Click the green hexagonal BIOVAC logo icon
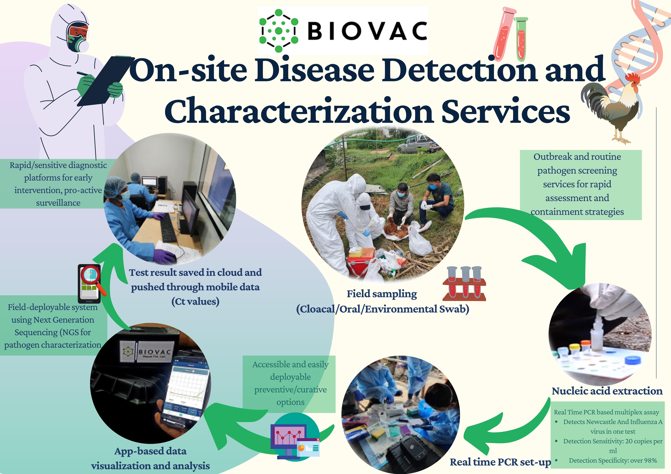(279, 31)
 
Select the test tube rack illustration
(464, 283)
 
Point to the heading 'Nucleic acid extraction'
(607, 391)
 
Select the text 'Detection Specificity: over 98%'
(613, 461)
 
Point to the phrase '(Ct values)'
(195, 301)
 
